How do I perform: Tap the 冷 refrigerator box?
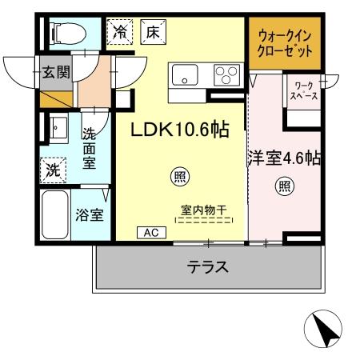point(121,33)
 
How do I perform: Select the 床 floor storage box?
point(151,33)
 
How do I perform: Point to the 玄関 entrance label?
point(55,73)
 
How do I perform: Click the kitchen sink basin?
point(183,78)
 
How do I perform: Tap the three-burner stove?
point(224,77)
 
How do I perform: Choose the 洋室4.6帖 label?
point(284,158)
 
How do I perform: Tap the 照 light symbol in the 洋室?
point(284,188)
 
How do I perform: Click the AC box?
point(150,232)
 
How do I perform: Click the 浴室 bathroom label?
point(88,214)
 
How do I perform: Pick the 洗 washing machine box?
point(53,170)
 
